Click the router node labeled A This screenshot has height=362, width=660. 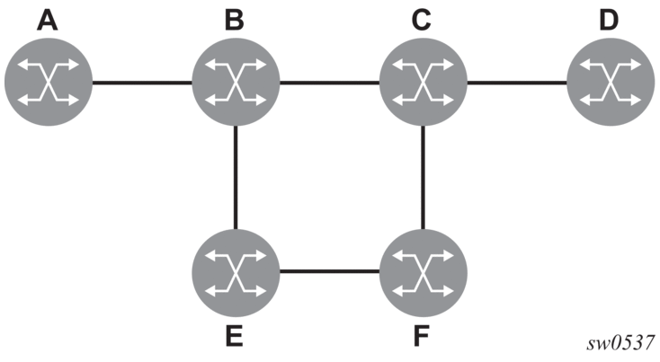tap(48, 82)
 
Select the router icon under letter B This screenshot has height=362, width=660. tap(236, 82)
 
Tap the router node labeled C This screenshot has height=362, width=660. tap(423, 82)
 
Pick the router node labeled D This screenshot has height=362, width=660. tap(611, 82)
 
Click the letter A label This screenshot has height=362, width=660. tap(47, 20)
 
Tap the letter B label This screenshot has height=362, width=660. tap(235, 20)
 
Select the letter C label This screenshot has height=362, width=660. tap(422, 20)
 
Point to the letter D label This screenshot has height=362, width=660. tap(609, 20)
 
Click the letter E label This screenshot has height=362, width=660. tap(235, 336)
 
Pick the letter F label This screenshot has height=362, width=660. tap(422, 336)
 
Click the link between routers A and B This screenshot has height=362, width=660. tap(142, 83)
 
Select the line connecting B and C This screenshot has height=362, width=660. tap(330, 83)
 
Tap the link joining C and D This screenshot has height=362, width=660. tap(517, 83)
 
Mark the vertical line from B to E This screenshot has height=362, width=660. tap(236, 178)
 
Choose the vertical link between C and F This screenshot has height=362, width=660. tap(423, 178)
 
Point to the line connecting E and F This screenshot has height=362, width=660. tap(330, 271)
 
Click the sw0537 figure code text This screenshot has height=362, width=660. tap(620, 343)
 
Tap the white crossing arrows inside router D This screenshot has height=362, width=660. tap(611, 82)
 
